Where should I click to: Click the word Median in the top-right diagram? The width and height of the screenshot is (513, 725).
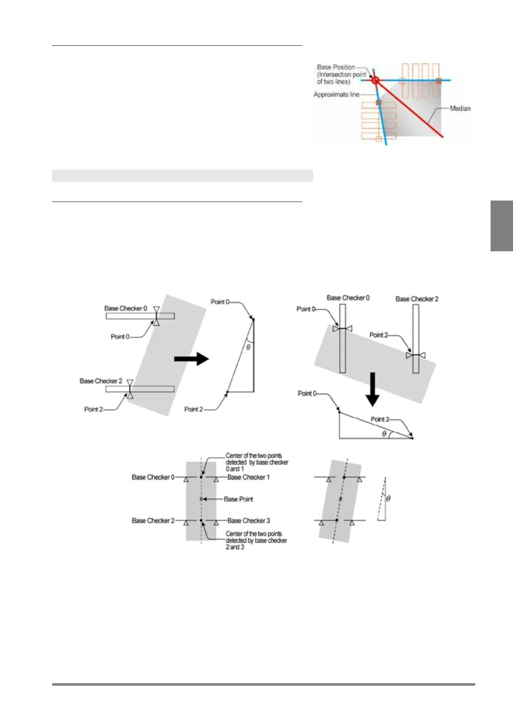[x=460, y=108]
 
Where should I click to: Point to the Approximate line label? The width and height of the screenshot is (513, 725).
[x=336, y=95]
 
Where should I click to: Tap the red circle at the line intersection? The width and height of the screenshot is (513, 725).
[x=375, y=80]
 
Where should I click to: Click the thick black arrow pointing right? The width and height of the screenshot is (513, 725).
[x=191, y=358]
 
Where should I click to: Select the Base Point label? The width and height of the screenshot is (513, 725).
[x=238, y=499]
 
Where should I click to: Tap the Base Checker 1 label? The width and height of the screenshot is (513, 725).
[x=249, y=477]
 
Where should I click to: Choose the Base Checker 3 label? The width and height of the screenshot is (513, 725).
[x=249, y=520]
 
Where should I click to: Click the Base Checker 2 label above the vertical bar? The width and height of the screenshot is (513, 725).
[x=417, y=299]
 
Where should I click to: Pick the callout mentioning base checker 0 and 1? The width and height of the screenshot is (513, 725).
[x=256, y=462]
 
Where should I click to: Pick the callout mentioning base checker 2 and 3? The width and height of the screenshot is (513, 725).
[x=256, y=540]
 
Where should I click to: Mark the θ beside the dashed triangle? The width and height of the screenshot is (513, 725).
[x=388, y=498]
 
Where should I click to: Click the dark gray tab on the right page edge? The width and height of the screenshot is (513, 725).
[x=502, y=226]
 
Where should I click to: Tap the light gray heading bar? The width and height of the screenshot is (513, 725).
[x=182, y=176]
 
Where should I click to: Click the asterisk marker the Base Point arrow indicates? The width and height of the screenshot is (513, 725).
[x=201, y=499]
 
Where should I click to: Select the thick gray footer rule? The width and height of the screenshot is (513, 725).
[x=263, y=685]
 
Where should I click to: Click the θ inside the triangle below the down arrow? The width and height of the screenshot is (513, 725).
[x=384, y=433]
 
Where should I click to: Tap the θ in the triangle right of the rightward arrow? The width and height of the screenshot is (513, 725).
[x=249, y=348]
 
